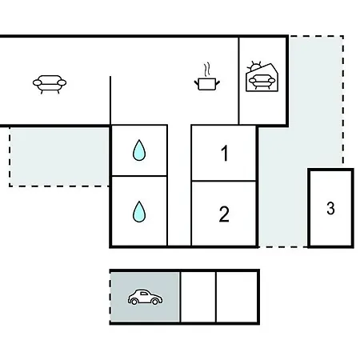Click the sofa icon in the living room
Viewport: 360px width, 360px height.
[x=50, y=84]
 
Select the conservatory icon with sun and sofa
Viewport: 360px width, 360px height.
[x=262, y=78]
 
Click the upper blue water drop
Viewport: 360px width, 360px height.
[x=139, y=150]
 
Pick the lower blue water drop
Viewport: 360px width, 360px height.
[x=139, y=212]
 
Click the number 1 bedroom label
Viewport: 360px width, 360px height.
[x=225, y=153]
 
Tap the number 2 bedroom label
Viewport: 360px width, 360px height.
[x=224, y=214]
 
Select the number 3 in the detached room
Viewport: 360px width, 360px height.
[x=330, y=208]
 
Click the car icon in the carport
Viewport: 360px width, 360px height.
[x=145, y=297]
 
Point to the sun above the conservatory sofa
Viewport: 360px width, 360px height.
[x=255, y=66]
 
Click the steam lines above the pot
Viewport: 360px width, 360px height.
[x=207, y=70]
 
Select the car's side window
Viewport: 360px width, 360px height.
[x=144, y=294]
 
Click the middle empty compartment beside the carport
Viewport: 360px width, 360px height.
[x=198, y=297]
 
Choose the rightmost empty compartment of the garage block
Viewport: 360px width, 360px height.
[x=237, y=297]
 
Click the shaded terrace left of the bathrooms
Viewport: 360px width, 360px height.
[x=59, y=157]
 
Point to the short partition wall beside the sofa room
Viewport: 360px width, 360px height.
[x=110, y=100]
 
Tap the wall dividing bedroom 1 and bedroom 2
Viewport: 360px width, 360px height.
[x=224, y=181]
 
